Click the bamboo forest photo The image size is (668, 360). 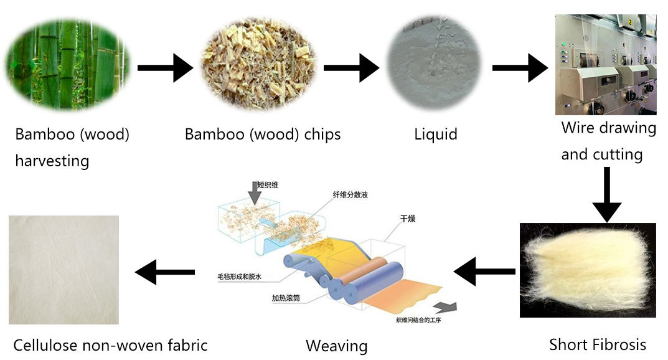[68, 65]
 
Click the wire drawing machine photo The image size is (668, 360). [605, 65]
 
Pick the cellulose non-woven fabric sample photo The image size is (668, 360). [64, 270]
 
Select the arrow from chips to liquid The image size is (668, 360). [351, 67]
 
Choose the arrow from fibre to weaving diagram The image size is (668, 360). [484, 272]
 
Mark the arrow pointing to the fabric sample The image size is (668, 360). [165, 272]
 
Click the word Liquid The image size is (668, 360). [436, 134]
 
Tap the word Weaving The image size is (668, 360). [336, 346]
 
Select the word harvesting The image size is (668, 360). [52, 161]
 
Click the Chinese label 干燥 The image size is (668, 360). [408, 219]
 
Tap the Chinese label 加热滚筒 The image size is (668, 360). [286, 298]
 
